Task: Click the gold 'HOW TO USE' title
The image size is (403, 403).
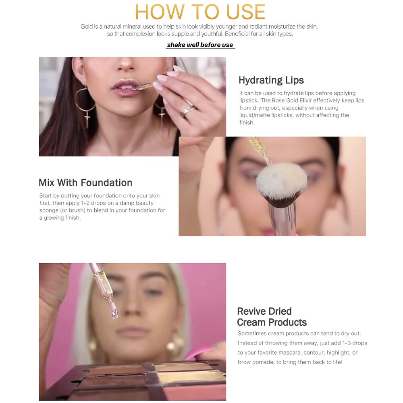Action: coord(200,12)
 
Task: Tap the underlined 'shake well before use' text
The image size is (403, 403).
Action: coord(200,45)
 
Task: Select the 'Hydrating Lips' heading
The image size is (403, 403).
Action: coord(271,80)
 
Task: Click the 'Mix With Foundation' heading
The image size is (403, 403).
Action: coord(85,183)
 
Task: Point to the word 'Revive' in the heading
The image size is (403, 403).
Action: coord(251,311)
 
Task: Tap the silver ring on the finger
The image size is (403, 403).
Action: coord(188,109)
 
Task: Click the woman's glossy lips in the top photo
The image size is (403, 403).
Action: coord(125,87)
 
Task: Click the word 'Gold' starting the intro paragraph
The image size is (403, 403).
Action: coord(87,27)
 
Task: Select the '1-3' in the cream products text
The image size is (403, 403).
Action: coord(346,343)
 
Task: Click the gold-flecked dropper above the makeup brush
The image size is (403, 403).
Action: coord(260,150)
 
